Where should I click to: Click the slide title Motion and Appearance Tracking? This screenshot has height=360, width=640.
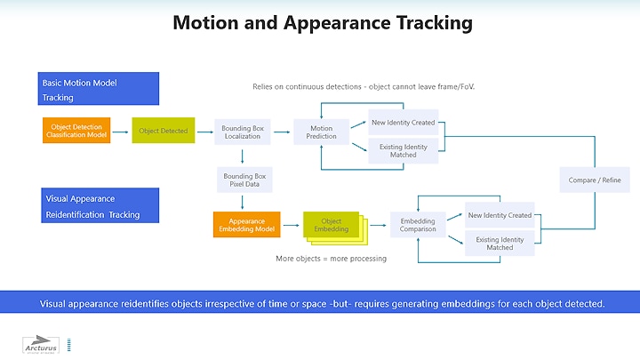pos(322,23)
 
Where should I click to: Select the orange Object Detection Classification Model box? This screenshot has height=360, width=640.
pos(76,131)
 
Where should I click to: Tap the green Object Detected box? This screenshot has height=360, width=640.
pos(164,131)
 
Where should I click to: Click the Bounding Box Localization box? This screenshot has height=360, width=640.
pos(242,131)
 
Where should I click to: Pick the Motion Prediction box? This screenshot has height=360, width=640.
pos(321,132)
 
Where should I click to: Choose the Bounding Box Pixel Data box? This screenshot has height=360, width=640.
pos(242,180)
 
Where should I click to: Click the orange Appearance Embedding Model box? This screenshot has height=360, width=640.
pos(247,224)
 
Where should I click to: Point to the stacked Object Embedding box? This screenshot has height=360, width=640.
pos(333,225)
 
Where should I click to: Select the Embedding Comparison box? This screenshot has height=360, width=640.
pos(418,224)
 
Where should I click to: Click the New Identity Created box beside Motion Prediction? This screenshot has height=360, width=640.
pos(403,123)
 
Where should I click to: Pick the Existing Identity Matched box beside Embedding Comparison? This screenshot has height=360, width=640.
pos(499,242)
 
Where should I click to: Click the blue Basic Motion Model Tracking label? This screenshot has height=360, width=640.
pos(98,89)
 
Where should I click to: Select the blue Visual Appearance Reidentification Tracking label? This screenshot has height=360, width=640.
pos(98,206)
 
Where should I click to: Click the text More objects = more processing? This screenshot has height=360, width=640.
pos(331,259)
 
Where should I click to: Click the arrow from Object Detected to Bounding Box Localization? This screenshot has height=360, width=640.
pos(204,131)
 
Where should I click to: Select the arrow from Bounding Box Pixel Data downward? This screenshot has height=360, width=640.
pos(242,201)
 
